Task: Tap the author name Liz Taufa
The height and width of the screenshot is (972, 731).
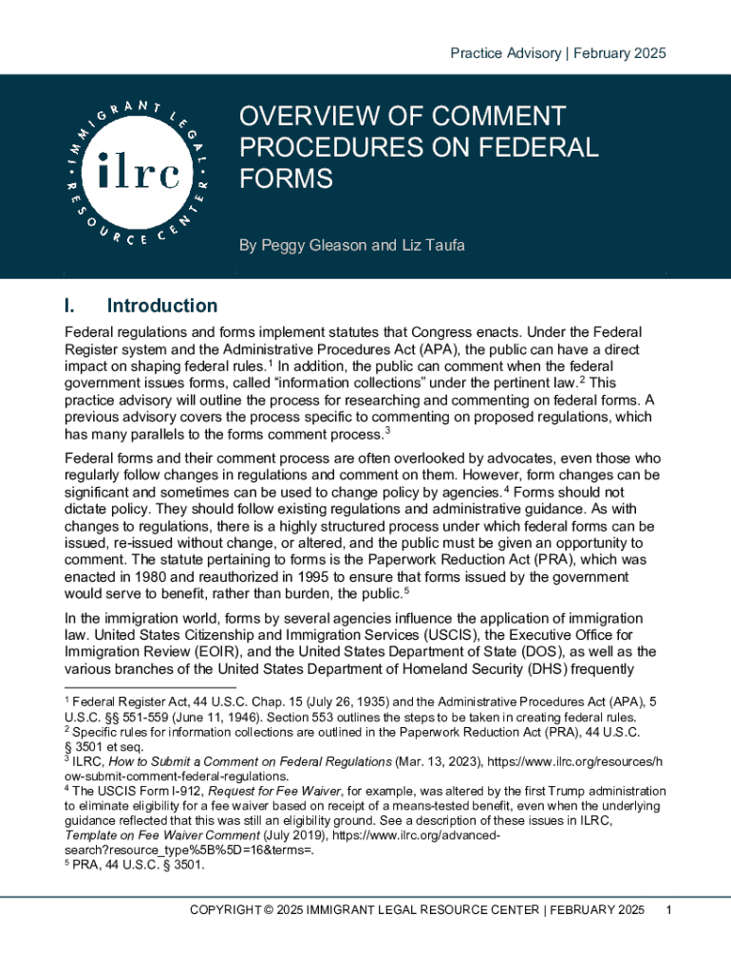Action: (x=430, y=246)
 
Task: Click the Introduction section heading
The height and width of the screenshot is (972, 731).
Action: (x=162, y=306)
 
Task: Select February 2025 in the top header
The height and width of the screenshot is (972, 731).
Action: (x=621, y=53)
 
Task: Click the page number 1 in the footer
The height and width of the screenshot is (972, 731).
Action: (x=670, y=911)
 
